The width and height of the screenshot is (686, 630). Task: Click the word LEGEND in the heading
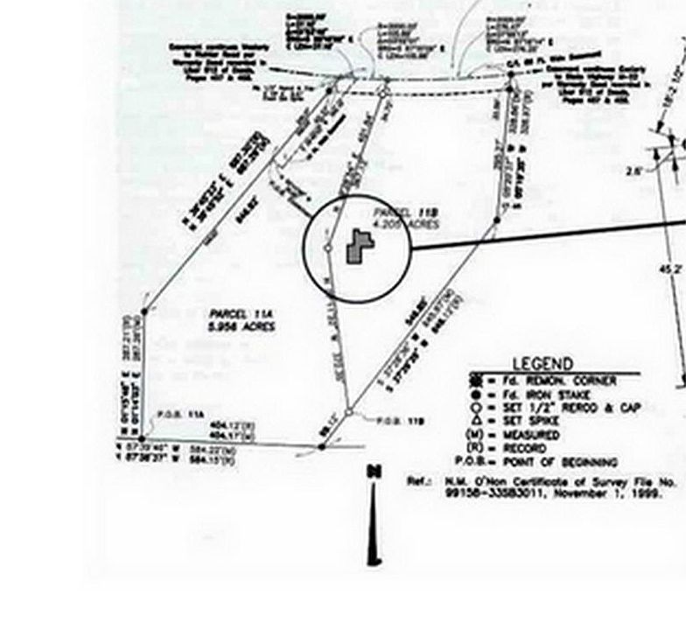click(x=542, y=364)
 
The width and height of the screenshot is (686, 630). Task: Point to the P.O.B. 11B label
click(x=401, y=421)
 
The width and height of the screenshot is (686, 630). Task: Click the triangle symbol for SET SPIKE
click(x=476, y=422)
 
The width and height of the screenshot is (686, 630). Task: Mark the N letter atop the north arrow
click(x=374, y=472)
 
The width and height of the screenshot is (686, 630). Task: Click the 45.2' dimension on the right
click(x=670, y=269)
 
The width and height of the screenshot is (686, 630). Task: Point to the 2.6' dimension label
click(x=633, y=172)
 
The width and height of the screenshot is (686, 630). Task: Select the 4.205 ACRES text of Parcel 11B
click(x=405, y=225)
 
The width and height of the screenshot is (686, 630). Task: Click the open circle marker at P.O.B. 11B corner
click(x=349, y=412)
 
